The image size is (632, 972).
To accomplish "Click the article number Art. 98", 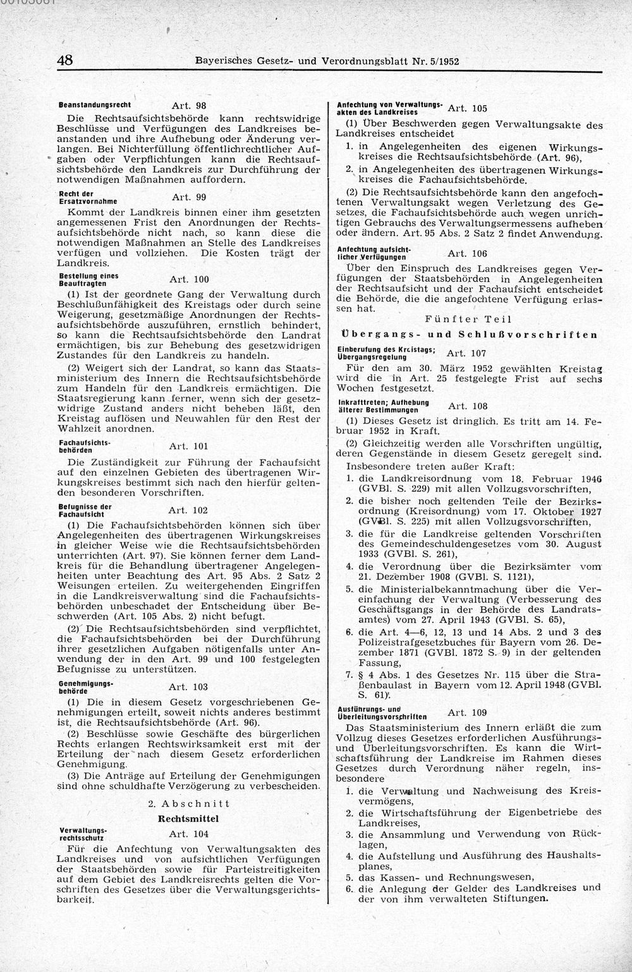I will pyautogui.click(x=189, y=105).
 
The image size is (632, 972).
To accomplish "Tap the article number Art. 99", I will pyautogui.click(x=189, y=197).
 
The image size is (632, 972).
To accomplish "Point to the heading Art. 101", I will pyautogui.click(x=189, y=447).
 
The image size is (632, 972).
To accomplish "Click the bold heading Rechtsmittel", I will pyautogui.click(x=189, y=818).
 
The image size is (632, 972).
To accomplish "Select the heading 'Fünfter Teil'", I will pyautogui.click(x=468, y=320).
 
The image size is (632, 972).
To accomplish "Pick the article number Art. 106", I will pyautogui.click(x=467, y=254).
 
